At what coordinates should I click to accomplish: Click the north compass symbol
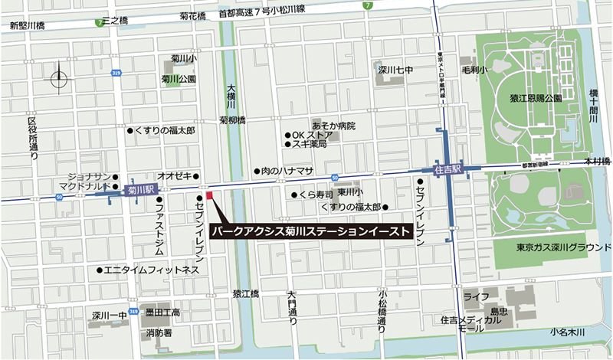59,77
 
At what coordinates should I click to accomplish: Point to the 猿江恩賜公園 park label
535,100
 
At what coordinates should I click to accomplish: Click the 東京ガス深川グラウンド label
556,247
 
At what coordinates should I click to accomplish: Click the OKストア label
315,135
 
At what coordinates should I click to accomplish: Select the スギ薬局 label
311,145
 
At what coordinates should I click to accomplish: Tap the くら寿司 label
317,195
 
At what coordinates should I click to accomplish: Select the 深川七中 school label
394,71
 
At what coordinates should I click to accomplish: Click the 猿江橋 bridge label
246,294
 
